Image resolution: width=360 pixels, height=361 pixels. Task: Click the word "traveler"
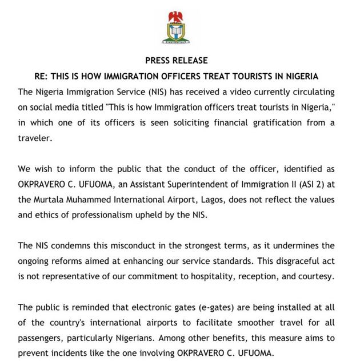pyautogui.click(x=37, y=137)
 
